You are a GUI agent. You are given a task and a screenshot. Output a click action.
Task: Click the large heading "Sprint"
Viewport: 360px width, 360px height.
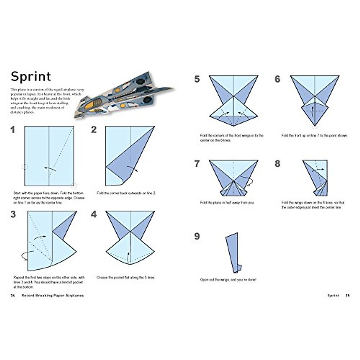tap(31, 76)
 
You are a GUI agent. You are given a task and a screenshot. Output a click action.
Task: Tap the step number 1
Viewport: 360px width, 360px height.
tap(13, 130)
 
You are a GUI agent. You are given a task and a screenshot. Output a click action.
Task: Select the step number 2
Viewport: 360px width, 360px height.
tap(94, 130)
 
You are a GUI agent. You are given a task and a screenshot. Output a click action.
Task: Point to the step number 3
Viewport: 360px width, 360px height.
tap(13, 214)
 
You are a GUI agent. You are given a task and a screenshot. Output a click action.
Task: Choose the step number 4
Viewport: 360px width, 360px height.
tap(94, 214)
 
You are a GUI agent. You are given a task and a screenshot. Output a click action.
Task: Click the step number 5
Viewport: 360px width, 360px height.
tap(197, 79)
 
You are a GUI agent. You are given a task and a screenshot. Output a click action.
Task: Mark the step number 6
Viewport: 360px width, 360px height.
tap(277, 79)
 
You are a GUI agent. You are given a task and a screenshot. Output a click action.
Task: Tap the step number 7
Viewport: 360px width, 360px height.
tap(197, 164)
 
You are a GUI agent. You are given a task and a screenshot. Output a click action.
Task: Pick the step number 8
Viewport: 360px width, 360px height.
tap(277, 164)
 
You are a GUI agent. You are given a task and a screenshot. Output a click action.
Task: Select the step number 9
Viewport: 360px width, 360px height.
tap(197, 236)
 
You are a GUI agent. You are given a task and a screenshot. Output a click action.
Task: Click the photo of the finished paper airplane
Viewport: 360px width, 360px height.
tap(123, 94)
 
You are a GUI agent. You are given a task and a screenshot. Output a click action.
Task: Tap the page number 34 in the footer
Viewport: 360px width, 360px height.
tap(13, 295)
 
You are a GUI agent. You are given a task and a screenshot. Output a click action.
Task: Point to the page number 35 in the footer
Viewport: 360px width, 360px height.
tap(347, 295)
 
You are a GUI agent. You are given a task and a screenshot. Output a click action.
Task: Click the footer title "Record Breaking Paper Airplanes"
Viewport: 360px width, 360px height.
tap(53, 295)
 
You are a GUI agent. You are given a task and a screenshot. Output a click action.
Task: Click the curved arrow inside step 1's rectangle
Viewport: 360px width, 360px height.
tap(50, 169)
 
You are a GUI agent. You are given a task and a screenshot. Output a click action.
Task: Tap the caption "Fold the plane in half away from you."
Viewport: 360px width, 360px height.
tap(227, 203)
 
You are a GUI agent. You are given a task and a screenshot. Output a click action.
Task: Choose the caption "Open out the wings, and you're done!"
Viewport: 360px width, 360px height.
tap(228, 280)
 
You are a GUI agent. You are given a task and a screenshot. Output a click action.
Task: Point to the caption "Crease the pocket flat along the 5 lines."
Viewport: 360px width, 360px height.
tap(126, 278)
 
